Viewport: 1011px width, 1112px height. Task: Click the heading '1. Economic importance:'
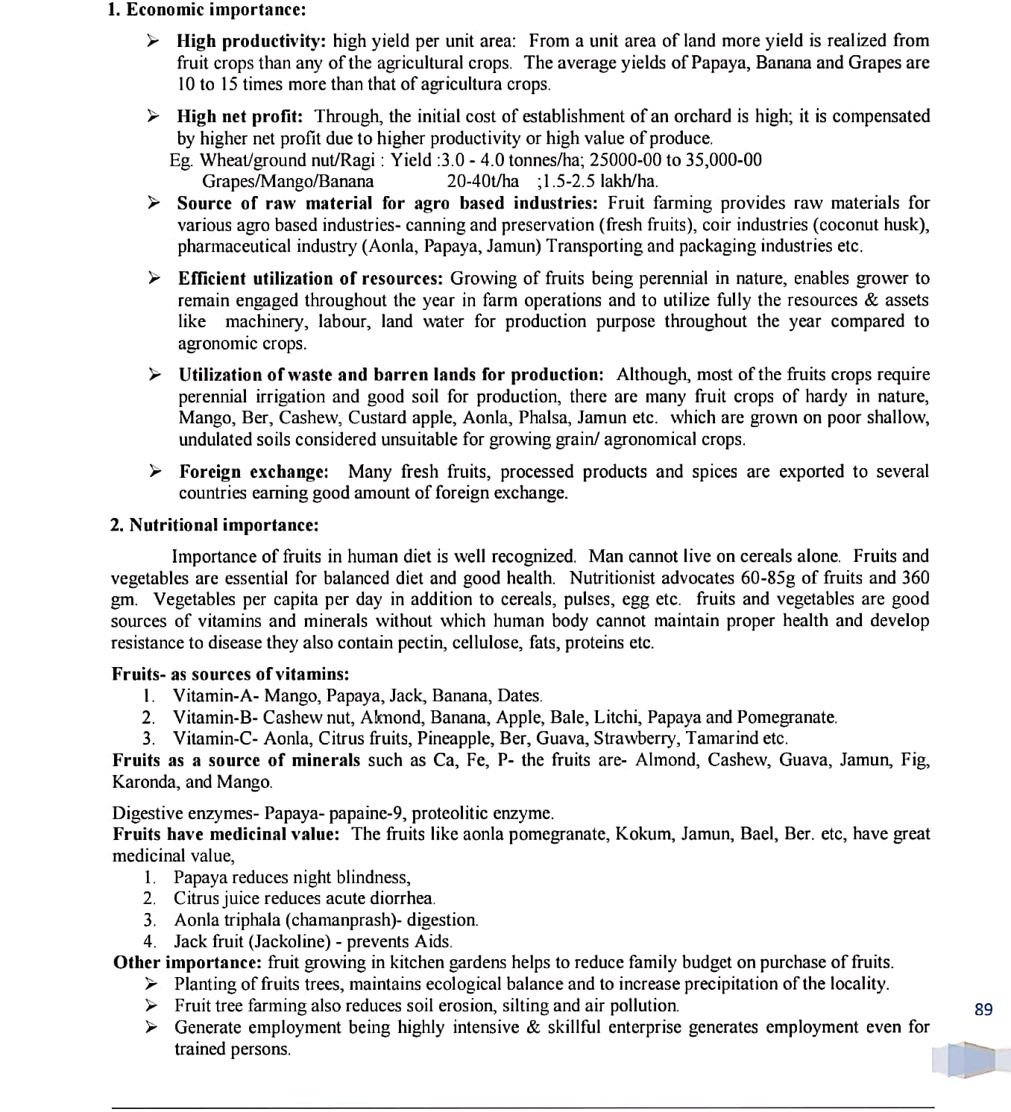[207, 10]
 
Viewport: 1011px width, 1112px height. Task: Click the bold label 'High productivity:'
[251, 41]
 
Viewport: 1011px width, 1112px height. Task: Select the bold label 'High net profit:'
[239, 116]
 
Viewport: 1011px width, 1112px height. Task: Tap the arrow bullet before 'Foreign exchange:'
[154, 471]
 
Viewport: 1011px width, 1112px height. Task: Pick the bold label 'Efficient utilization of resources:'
[310, 279]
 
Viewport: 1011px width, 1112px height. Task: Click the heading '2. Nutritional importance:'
[214, 525]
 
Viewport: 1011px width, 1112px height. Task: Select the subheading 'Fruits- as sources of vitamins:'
[230, 675]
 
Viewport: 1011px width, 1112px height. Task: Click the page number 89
[983, 1010]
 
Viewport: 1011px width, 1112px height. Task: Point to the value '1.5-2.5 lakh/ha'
[599, 181]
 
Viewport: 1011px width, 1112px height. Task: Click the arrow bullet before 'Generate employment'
[151, 1027]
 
